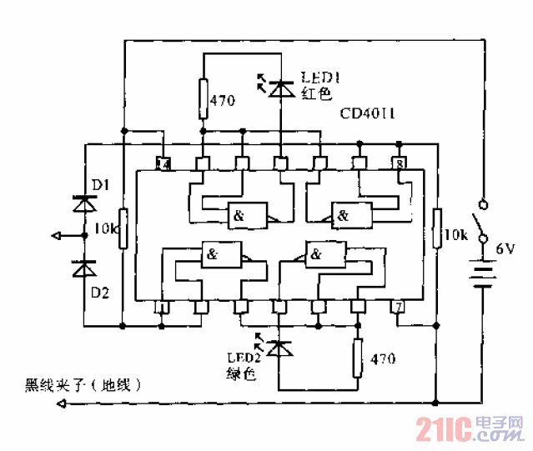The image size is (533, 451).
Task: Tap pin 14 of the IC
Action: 163,163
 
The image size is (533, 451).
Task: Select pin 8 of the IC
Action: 400,163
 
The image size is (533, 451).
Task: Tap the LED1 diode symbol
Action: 280,86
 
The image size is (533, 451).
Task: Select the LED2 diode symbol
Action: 280,344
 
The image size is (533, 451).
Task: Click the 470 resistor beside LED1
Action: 203,98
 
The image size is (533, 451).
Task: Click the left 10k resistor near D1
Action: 123,229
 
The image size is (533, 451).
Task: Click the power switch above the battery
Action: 481,221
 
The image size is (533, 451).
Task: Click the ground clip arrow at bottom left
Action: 60,404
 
